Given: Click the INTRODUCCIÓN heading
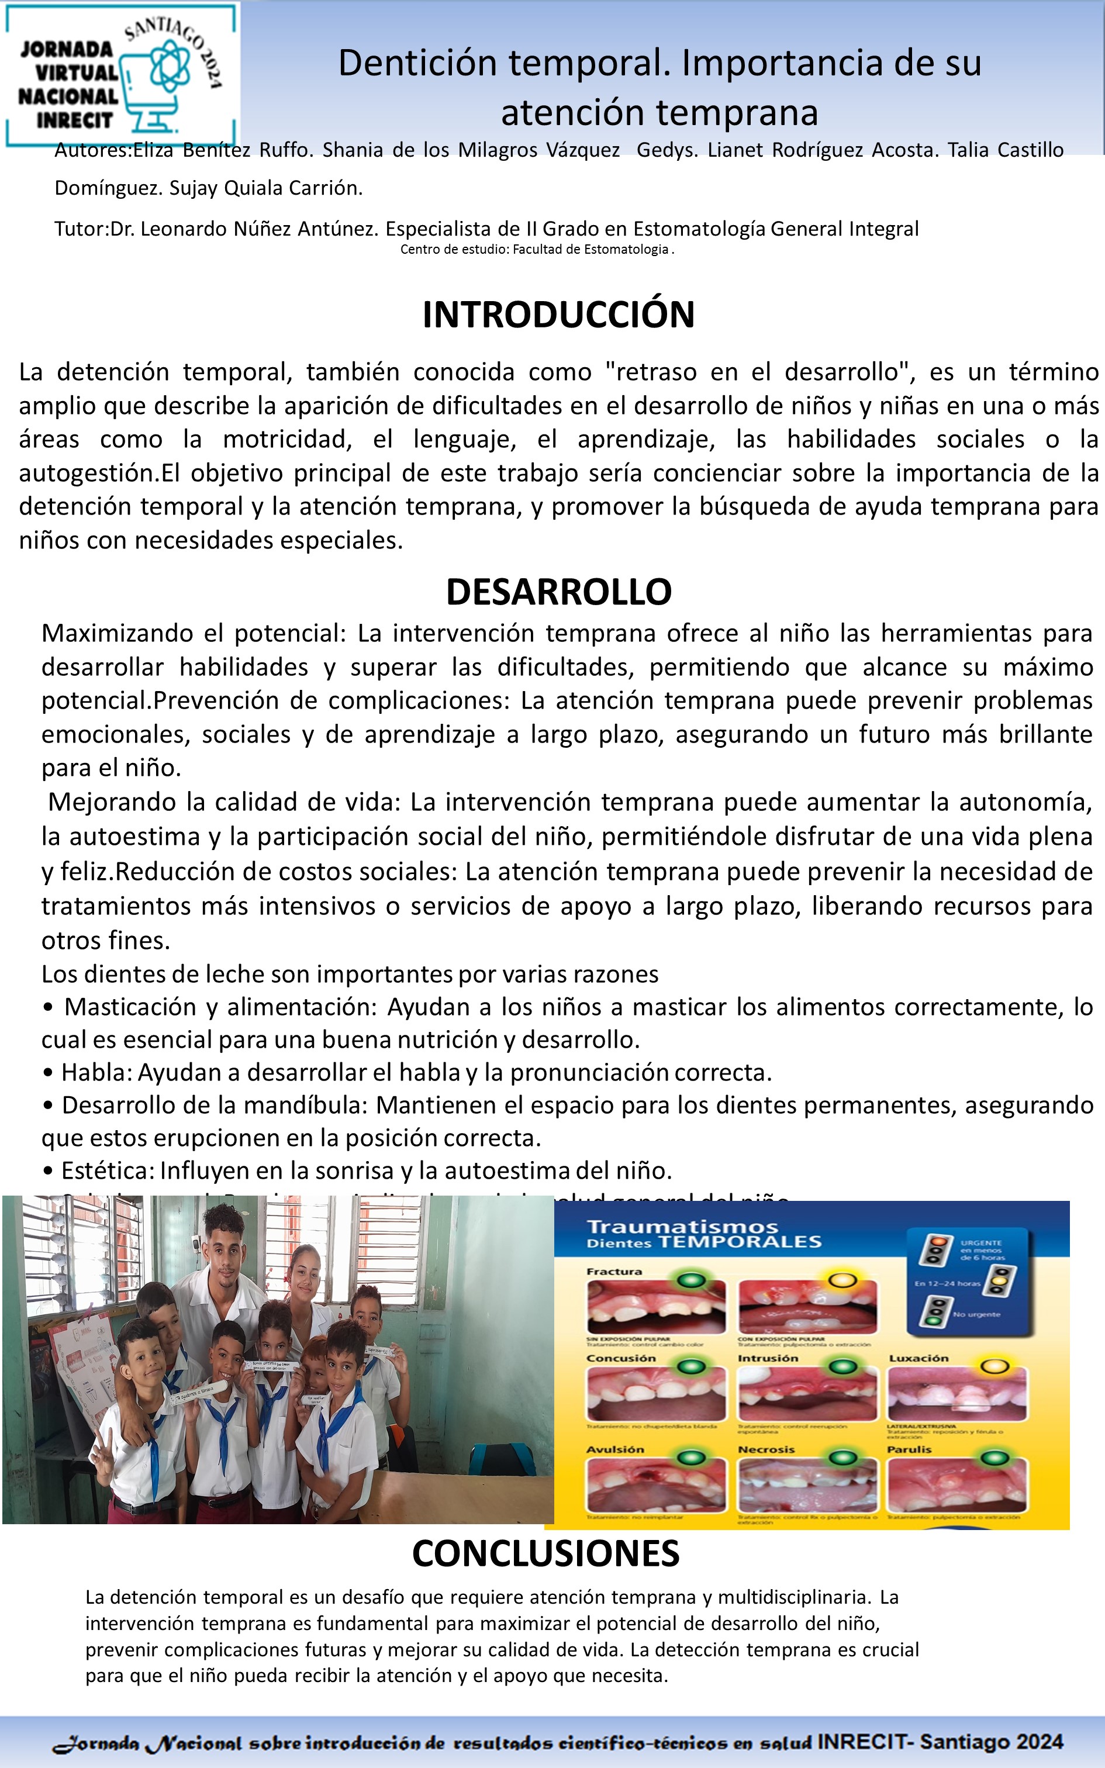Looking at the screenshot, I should [558, 315].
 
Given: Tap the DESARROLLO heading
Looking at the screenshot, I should [558, 592].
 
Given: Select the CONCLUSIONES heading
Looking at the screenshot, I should [546, 1554].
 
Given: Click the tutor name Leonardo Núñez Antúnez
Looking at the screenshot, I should [244, 229].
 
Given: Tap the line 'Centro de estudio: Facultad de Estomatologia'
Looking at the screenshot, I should [537, 249].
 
